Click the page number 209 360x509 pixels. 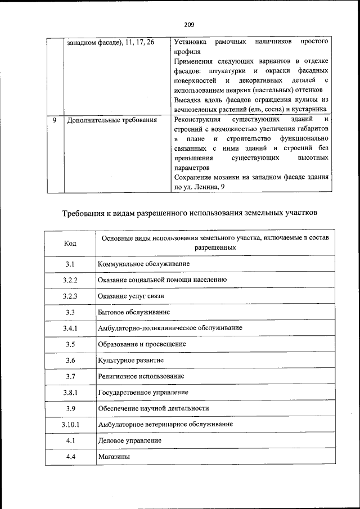pyautogui.click(x=188, y=24)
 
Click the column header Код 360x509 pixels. pyautogui.click(x=70, y=243)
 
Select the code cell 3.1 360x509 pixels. pyautogui.click(x=70, y=264)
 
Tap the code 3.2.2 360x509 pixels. pyautogui.click(x=70, y=280)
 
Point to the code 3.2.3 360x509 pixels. pyautogui.click(x=70, y=296)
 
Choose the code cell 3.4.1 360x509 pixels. pyautogui.click(x=70, y=328)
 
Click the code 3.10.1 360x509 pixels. pyautogui.click(x=70, y=425)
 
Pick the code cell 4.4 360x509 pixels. pyautogui.click(x=70, y=457)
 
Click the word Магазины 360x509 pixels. pyautogui.click(x=114, y=457)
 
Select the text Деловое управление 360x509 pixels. pyautogui.click(x=129, y=440)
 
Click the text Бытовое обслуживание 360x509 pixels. pyautogui.click(x=134, y=312)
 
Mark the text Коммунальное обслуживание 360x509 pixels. pyautogui.click(x=143, y=264)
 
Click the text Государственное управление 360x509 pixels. pyautogui.click(x=143, y=392)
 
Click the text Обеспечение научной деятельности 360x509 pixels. pyautogui.click(x=154, y=408)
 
